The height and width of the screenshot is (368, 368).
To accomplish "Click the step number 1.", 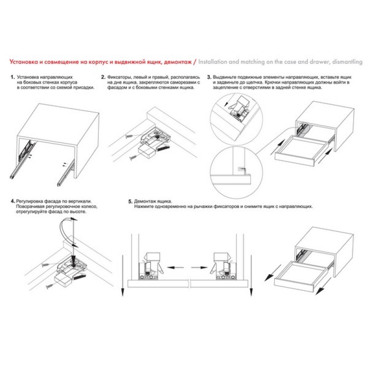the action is [x=13, y=77].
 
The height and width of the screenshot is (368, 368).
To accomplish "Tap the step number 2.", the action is [x=103, y=77].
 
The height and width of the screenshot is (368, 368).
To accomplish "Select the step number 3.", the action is [x=209, y=77].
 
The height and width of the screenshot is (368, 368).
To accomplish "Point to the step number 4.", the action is [x=13, y=201].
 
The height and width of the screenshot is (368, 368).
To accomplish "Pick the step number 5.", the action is [x=131, y=201].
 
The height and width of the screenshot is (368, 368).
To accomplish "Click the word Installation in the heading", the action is [x=213, y=62].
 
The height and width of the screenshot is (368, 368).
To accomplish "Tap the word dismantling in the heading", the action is [x=347, y=62].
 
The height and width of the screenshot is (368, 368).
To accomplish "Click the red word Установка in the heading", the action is [x=23, y=62].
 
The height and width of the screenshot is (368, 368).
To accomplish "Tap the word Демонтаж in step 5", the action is [x=144, y=201].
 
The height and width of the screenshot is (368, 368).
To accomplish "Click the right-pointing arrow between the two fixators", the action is [x=199, y=267].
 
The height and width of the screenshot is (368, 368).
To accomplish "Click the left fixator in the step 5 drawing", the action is [x=150, y=266].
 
